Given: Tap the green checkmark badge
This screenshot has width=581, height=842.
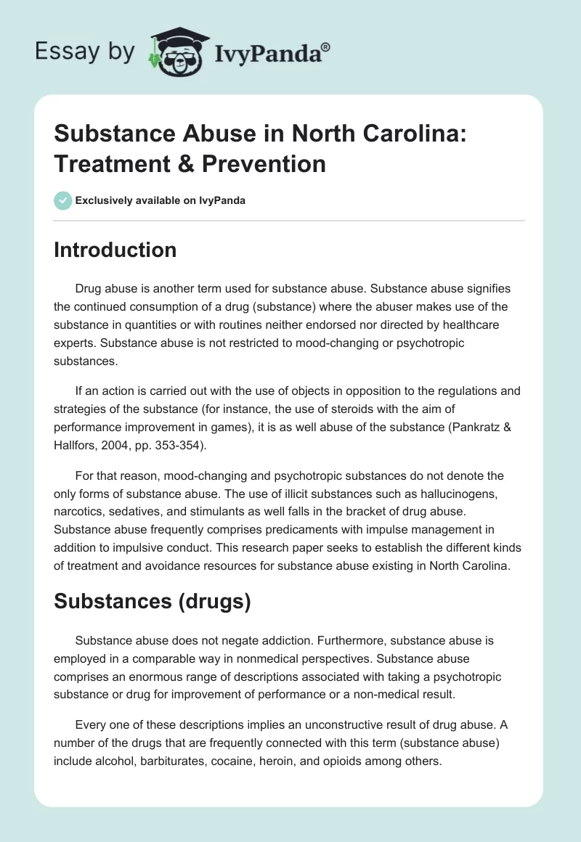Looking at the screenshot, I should point(64,200).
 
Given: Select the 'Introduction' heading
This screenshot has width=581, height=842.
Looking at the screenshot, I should point(115,250).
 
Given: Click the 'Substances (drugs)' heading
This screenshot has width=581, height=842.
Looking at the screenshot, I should point(153,602).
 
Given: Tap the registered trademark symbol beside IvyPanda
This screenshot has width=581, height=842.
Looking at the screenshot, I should point(326,46).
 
